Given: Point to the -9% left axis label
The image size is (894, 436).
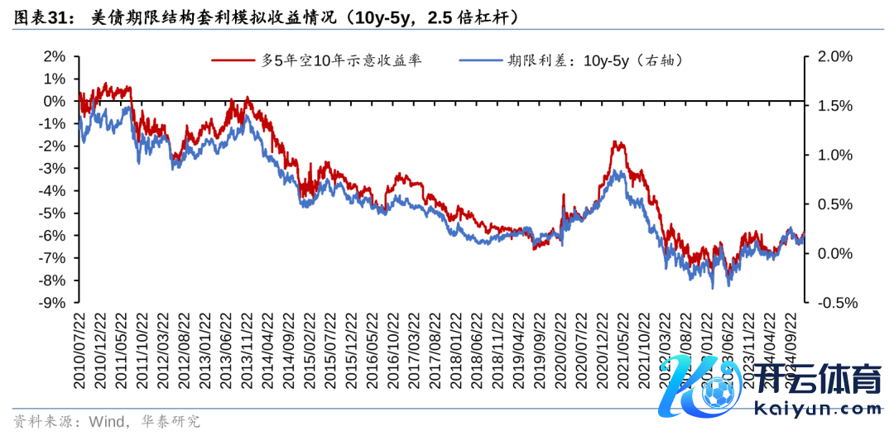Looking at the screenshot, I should click(51, 303).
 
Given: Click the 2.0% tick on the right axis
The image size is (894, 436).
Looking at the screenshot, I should click(834, 56).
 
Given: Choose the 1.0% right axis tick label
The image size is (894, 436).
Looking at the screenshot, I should click(834, 155).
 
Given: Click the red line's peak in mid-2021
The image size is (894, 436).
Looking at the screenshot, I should click(617, 142).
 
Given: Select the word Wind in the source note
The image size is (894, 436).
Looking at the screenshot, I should click(99, 421).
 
